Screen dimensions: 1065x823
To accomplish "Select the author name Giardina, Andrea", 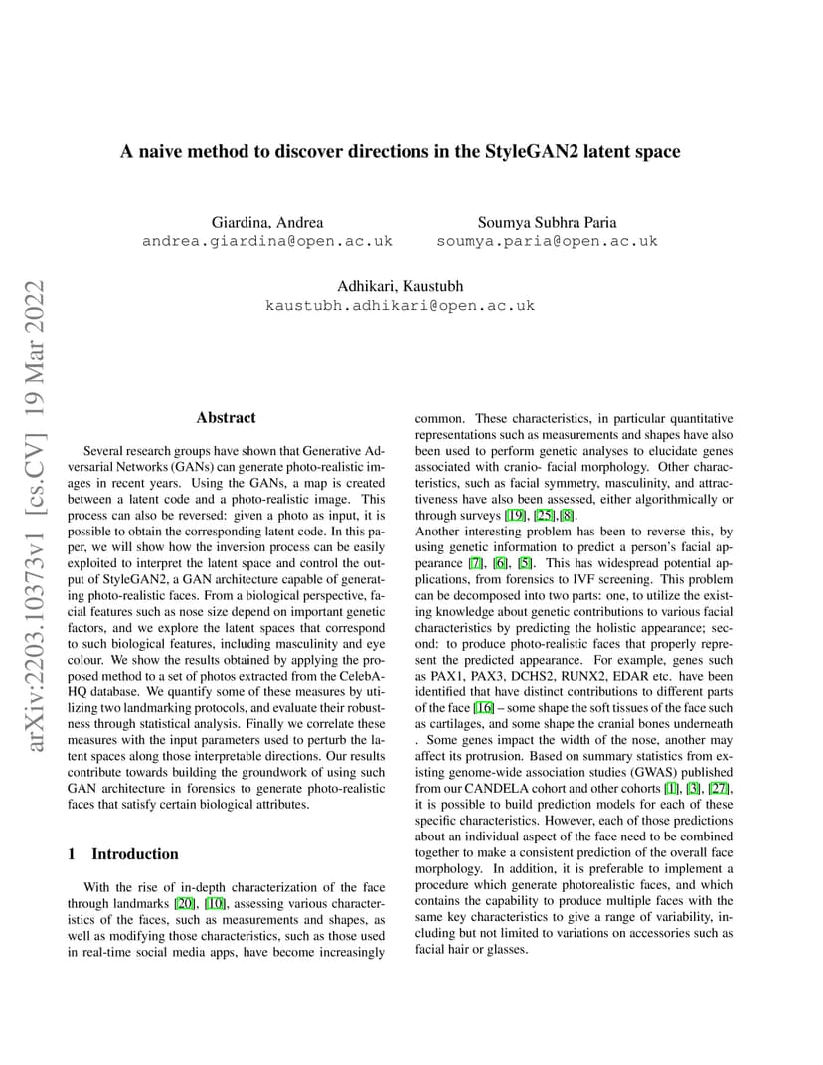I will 267,222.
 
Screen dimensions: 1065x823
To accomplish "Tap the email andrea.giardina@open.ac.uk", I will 267,241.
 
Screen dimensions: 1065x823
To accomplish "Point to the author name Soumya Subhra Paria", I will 547,222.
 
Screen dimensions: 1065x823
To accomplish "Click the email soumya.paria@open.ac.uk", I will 547,241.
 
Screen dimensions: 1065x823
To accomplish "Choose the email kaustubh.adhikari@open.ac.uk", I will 401,306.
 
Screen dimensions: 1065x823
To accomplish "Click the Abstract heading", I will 226,418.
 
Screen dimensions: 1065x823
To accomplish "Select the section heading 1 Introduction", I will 123,854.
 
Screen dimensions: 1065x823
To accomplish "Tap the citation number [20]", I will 185,903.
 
